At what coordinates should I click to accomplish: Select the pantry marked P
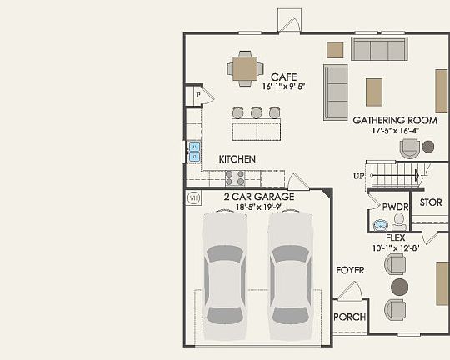[198, 96]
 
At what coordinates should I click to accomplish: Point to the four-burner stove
[235, 177]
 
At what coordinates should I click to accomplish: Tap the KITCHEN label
[237, 158]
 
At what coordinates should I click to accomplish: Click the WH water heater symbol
[193, 197]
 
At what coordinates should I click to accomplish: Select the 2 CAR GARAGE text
[258, 197]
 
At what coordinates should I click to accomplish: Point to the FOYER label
[349, 270]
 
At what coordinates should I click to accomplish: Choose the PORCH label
[349, 317]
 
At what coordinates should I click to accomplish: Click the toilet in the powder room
[399, 220]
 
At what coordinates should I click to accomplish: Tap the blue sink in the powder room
[381, 223]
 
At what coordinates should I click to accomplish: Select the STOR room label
[430, 202]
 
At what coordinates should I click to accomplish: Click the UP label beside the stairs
[358, 176]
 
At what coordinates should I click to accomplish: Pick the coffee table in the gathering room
[374, 91]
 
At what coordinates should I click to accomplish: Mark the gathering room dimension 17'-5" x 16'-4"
[395, 130]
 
